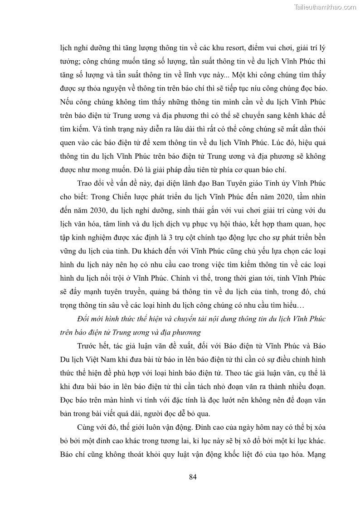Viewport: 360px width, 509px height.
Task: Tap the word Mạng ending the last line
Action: coord(312,453)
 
